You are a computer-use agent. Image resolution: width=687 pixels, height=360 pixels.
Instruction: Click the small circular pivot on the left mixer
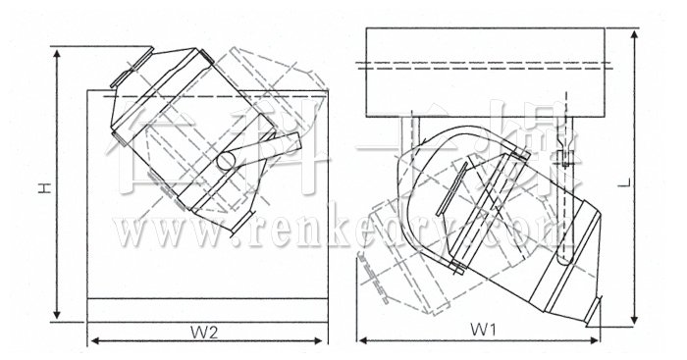point(225,159)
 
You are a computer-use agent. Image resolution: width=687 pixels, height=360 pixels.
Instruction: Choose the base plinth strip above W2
point(206,309)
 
